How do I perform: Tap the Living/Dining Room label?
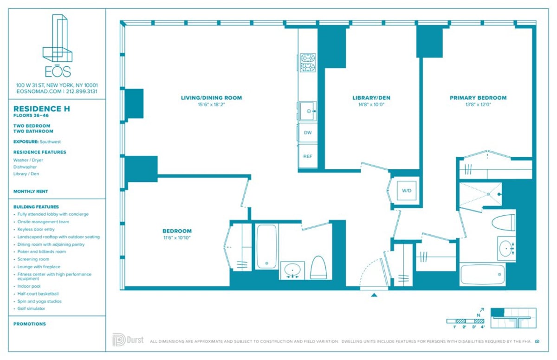point(211,98)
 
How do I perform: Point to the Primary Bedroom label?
point(478,98)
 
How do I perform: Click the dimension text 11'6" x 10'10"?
point(176,238)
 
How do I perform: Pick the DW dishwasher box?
point(307,133)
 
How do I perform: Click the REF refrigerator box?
point(307,156)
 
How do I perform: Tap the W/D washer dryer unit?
point(407,191)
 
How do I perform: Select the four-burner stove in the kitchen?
point(307,63)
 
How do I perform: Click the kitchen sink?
point(307,111)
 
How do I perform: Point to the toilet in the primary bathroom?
point(503,223)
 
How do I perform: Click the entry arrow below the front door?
point(374,294)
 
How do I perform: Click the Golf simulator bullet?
point(31,309)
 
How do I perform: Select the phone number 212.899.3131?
point(82,91)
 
